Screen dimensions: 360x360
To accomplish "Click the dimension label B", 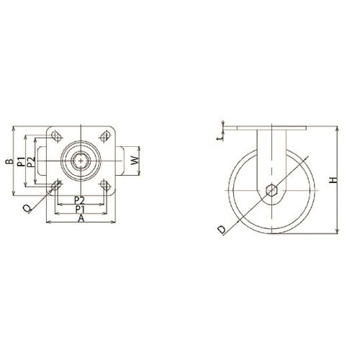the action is [9, 161].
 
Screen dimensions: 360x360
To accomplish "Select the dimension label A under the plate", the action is [81, 218].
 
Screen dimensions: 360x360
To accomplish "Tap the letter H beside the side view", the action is [333, 181].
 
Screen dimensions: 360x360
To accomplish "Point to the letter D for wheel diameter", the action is [222, 230].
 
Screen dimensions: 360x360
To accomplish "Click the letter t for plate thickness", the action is [220, 138].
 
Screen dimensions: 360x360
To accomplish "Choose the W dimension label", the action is [135, 161].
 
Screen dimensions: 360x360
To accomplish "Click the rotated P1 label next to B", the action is [21, 162].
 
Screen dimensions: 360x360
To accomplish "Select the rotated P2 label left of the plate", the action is [31, 162].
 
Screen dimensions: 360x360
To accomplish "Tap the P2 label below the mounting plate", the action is [79, 200].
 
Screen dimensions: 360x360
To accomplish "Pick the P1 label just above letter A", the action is [80, 210].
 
